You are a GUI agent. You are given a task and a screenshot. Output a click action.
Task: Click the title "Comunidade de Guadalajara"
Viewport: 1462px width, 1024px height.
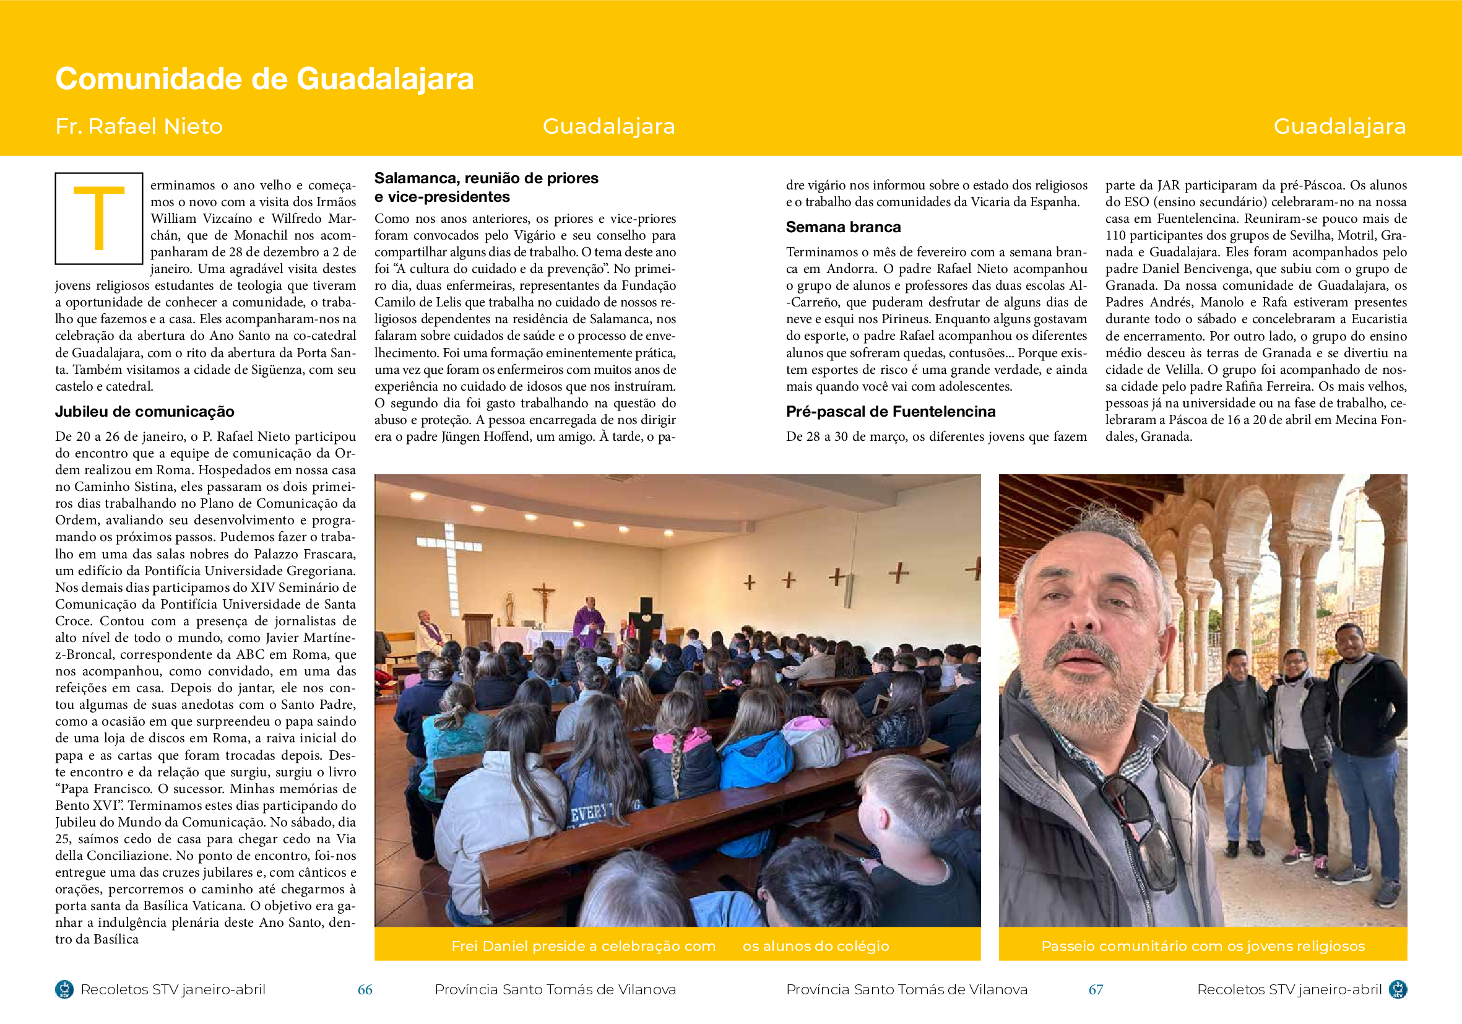264,79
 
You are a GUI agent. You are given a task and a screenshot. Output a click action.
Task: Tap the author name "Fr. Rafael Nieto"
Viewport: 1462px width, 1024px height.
139,126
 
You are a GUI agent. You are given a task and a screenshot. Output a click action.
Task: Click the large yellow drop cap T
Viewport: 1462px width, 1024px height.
98,219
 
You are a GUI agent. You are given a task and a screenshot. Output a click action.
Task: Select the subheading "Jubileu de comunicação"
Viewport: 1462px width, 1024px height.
145,411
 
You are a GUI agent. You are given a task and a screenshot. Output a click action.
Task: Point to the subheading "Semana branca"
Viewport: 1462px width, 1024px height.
843,227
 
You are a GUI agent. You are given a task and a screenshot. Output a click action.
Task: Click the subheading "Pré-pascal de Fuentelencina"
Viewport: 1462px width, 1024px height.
890,411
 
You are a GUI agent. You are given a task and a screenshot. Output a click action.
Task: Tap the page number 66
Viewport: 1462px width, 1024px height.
365,989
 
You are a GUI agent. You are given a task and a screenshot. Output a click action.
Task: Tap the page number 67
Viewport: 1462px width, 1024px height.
1095,989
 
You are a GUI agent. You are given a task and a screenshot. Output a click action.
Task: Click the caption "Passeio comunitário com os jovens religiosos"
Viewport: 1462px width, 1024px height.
1202,945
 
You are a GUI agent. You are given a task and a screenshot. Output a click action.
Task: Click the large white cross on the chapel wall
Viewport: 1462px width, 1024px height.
449,557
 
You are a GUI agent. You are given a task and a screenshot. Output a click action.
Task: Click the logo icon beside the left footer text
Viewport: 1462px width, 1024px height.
64,989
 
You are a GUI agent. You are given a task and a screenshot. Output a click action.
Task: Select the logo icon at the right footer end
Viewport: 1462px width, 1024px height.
1397,989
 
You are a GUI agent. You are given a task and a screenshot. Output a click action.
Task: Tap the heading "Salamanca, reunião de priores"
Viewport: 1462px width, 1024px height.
486,178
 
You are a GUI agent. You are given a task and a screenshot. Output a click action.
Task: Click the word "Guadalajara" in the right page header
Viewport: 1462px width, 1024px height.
1339,126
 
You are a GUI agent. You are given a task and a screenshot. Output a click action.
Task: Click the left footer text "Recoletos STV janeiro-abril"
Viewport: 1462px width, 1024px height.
173,989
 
